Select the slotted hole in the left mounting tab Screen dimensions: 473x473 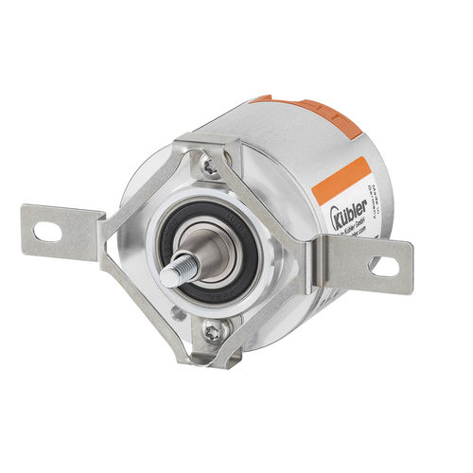pyautogui.click(x=44, y=229)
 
